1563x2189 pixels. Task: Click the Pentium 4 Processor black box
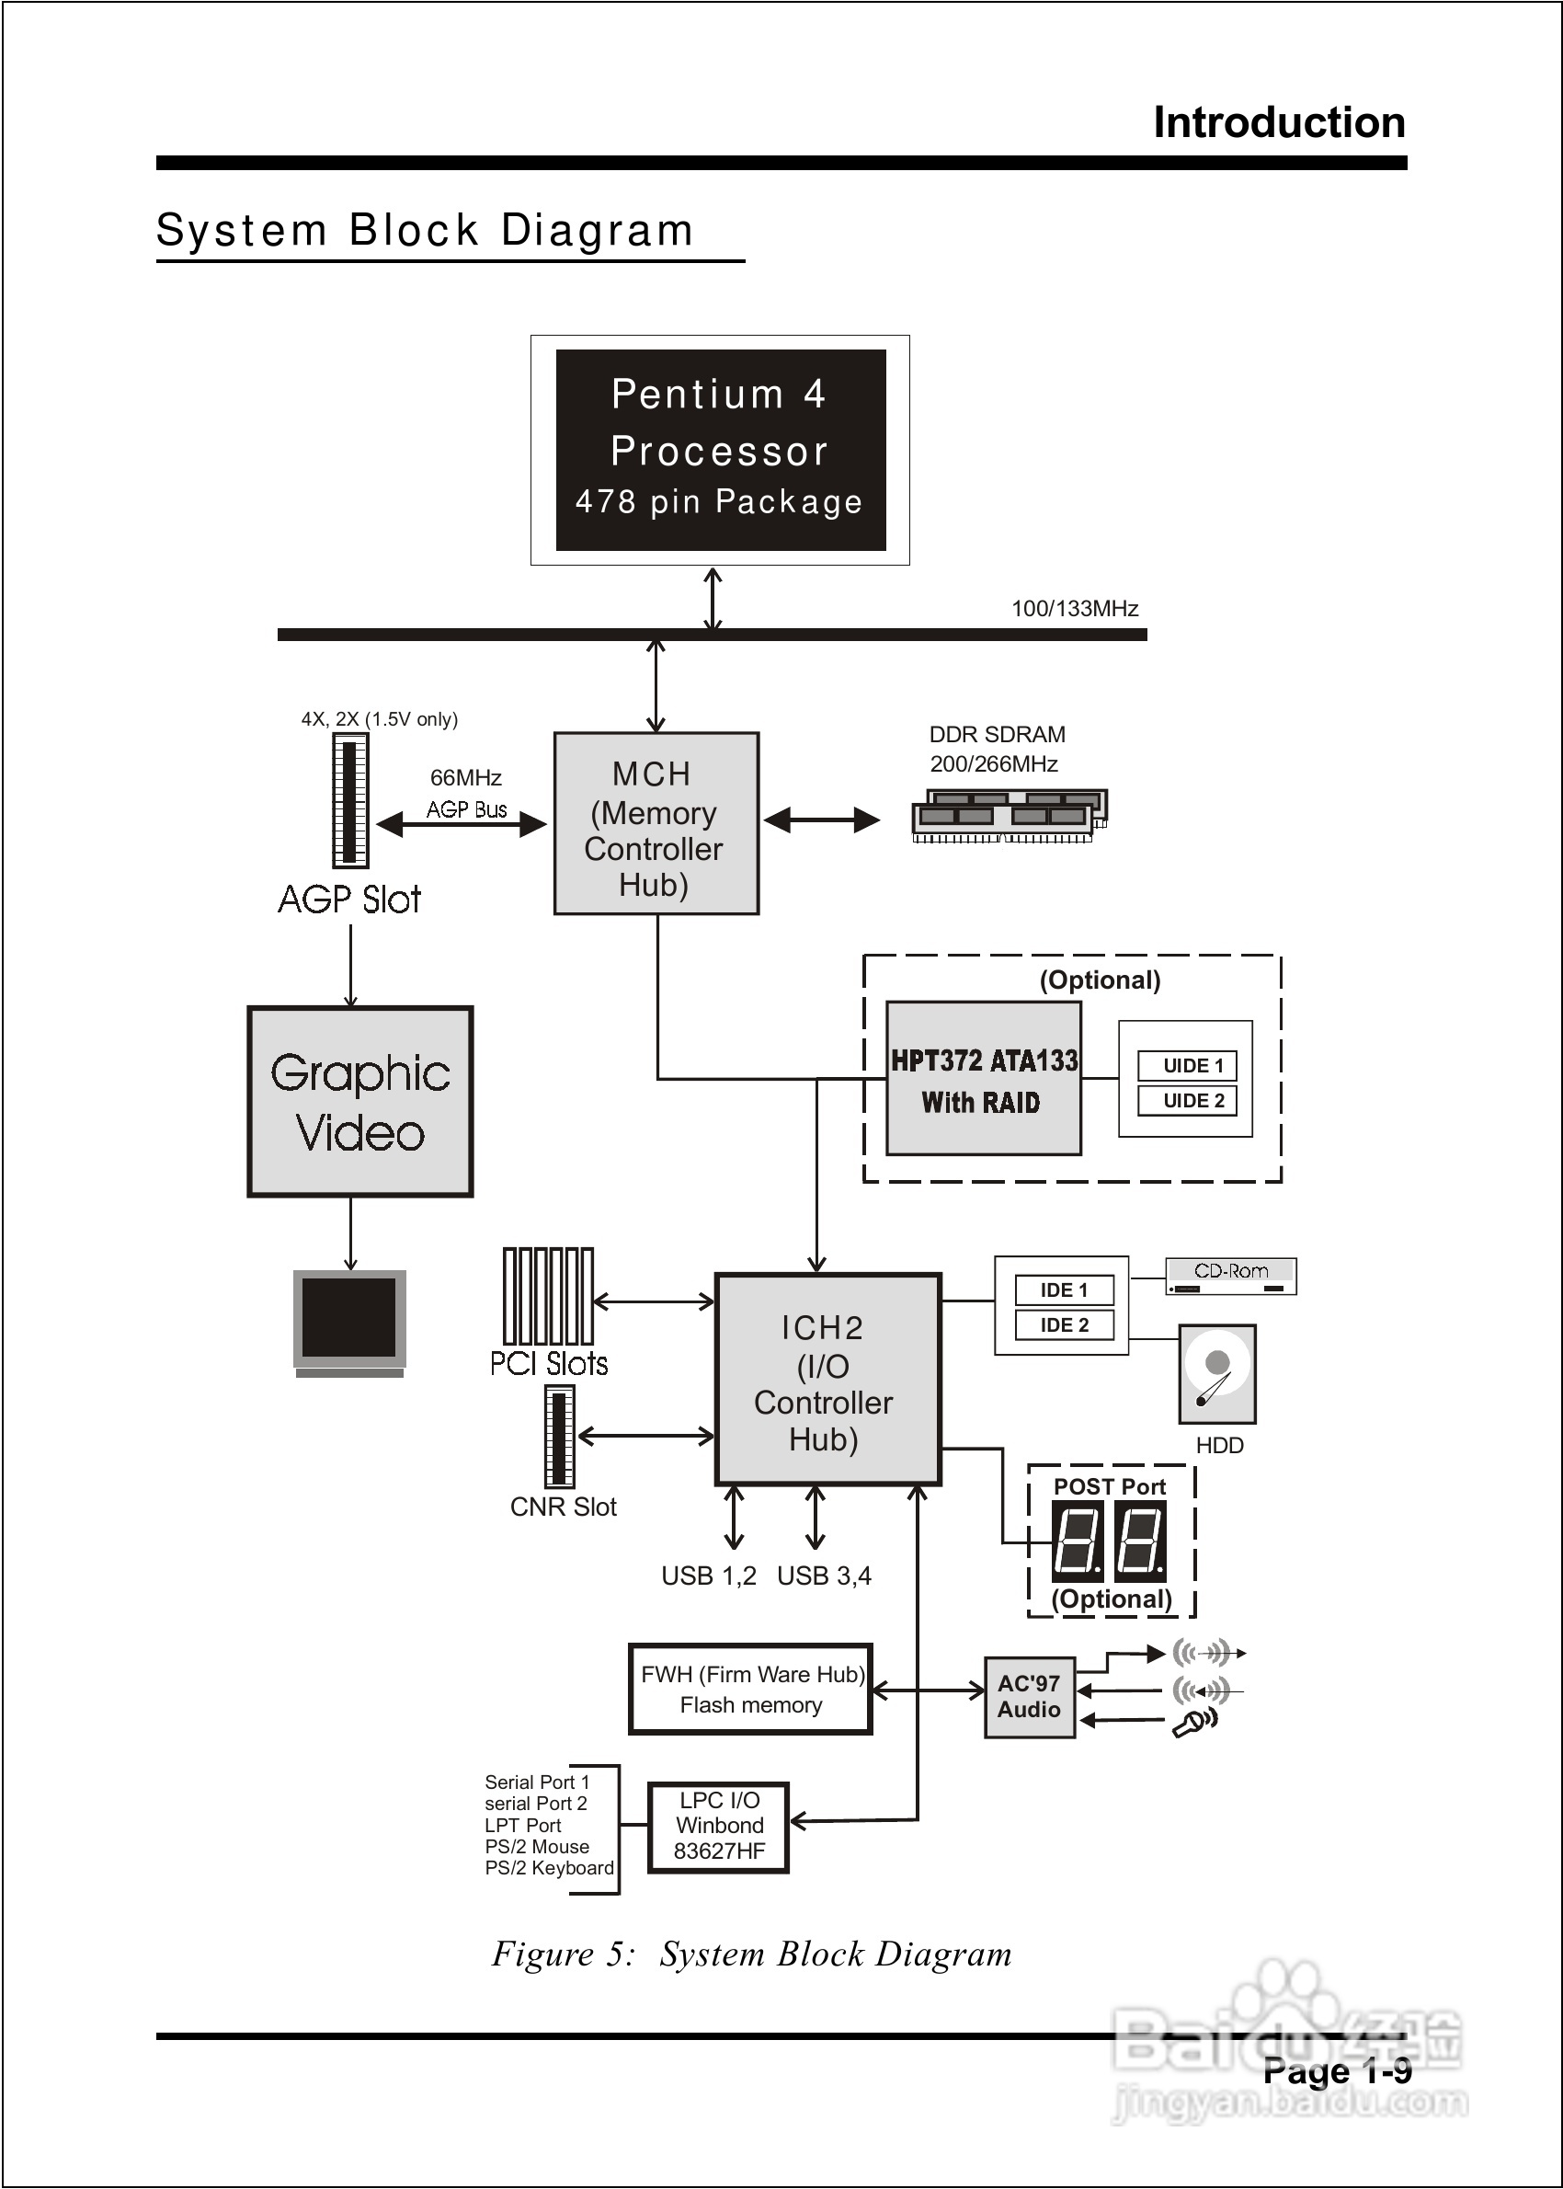pos(720,450)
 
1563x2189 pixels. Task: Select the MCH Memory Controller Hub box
pos(656,823)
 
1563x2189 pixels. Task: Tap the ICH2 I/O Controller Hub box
pos(827,1379)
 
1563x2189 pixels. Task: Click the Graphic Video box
pos(360,1101)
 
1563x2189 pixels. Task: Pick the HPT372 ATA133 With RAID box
pos(983,1078)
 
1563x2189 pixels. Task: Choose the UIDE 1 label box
pos(1192,1066)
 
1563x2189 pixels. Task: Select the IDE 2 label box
pos(1064,1324)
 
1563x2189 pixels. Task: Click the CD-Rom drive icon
pos(1230,1277)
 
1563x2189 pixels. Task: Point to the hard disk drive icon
pos(1216,1374)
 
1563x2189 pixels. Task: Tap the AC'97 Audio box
pos(1029,1696)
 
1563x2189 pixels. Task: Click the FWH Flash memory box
pos(751,1690)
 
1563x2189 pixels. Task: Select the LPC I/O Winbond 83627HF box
pos(718,1826)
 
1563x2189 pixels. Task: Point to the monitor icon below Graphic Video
pos(349,1321)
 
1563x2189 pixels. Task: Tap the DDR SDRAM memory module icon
pos(1009,815)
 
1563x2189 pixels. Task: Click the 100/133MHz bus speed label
pos(1074,608)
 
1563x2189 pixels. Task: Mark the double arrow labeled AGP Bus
pos(461,824)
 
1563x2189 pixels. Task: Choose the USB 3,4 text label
pos(824,1576)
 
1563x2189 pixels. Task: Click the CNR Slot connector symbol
pos(559,1436)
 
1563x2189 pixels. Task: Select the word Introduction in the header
pos(1279,122)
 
